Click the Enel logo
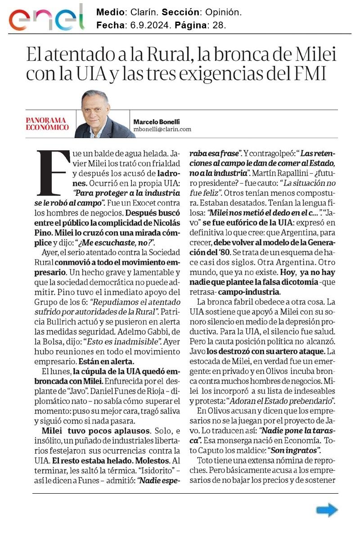(x=46, y=18)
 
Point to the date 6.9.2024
(x=149, y=26)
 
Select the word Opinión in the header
(x=224, y=12)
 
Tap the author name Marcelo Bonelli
(x=157, y=121)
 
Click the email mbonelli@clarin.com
(x=162, y=129)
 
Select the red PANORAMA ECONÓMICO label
(x=47, y=124)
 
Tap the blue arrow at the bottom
(x=327, y=509)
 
